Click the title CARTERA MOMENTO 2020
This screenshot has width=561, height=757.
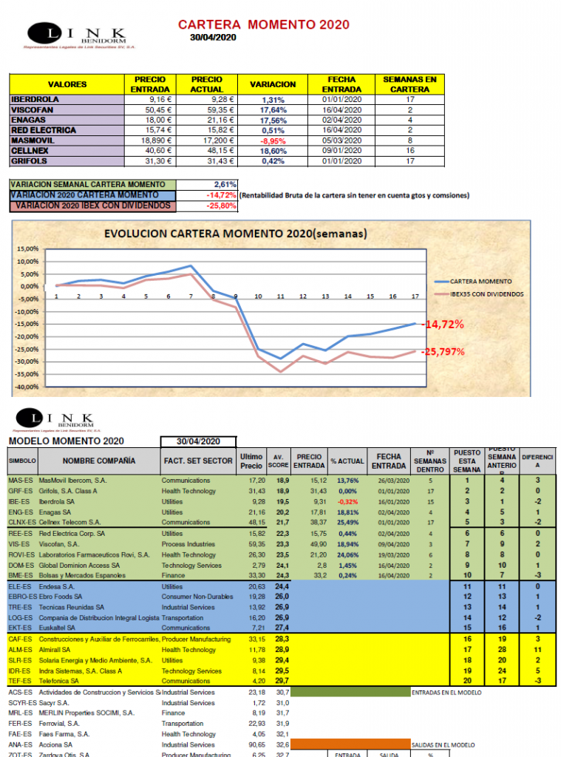pyautogui.click(x=264, y=24)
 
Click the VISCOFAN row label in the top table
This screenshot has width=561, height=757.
pyautogui.click(x=33, y=109)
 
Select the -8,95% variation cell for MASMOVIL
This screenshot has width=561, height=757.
pyautogui.click(x=273, y=140)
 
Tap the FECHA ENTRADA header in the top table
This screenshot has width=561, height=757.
pyautogui.click(x=341, y=84)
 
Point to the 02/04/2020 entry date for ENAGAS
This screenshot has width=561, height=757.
pyautogui.click(x=341, y=120)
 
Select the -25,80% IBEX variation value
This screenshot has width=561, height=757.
pyautogui.click(x=221, y=205)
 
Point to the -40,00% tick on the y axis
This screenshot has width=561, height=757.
pyautogui.click(x=27, y=387)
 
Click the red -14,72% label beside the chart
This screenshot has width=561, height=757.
pyautogui.click(x=443, y=325)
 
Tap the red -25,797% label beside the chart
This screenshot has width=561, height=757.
pyautogui.click(x=443, y=352)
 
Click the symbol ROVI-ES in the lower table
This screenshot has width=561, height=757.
pyautogui.click(x=20, y=554)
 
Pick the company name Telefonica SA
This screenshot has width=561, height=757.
pyautogui.click(x=65, y=681)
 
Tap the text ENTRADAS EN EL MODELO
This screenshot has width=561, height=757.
pyautogui.click(x=446, y=693)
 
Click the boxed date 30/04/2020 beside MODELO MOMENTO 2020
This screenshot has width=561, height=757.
pyautogui.click(x=198, y=441)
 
